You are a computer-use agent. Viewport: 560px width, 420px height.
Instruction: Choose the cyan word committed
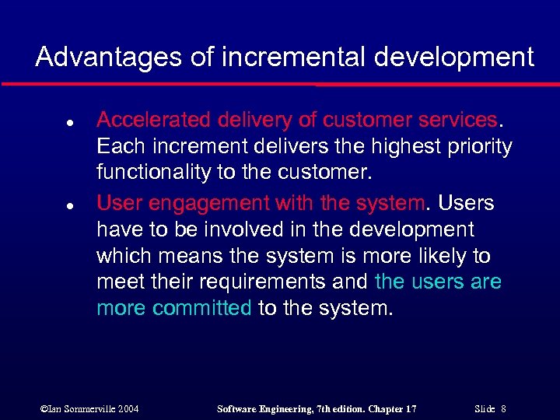202,308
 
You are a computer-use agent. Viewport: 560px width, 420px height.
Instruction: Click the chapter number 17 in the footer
411,408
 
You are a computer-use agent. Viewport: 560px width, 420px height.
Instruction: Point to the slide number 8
504,408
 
